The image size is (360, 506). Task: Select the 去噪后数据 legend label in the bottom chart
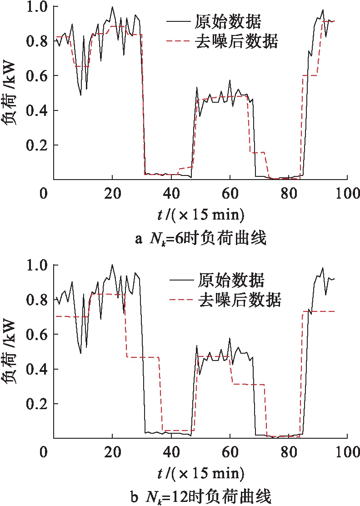(240, 300)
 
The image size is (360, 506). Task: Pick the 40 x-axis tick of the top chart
(171, 193)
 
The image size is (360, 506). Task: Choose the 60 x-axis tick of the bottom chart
(230, 452)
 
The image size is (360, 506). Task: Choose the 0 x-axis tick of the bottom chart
(44, 452)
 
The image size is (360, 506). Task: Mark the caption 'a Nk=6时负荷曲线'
(200, 239)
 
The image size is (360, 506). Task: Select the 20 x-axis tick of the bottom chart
(112, 452)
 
